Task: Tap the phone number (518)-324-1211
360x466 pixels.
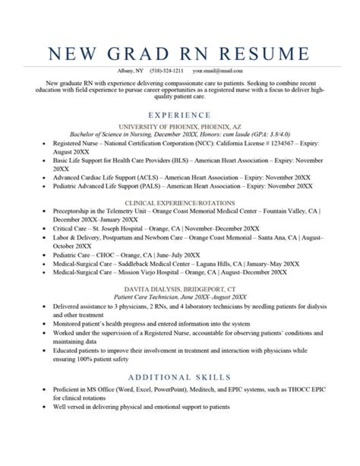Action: [166, 71]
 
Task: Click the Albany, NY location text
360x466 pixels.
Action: [129, 71]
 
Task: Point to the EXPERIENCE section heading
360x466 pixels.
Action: [179, 115]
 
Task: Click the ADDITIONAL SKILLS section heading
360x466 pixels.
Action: [179, 377]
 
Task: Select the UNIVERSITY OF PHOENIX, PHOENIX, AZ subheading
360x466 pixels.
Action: [179, 127]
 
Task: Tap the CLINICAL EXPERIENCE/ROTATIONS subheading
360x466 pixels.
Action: [179, 203]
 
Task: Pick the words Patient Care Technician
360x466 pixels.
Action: [145, 297]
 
